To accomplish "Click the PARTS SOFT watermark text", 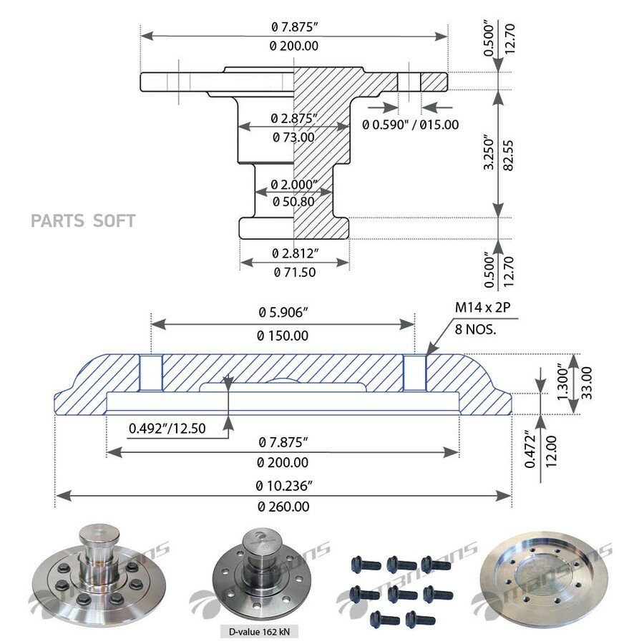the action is pos(83,221).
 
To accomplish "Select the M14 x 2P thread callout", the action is pos(482,307).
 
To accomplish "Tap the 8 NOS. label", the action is pos(476,329).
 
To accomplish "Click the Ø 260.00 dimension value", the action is pos(283,507).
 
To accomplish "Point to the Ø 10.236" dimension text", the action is pos(284,486).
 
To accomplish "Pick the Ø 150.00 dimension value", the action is pos(283,336).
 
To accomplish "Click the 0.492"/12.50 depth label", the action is pos(167,429).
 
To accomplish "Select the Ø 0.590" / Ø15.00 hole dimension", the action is pos(410,125).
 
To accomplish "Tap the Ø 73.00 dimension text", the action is pos(293,137).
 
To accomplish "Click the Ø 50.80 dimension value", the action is pos(293,202).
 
